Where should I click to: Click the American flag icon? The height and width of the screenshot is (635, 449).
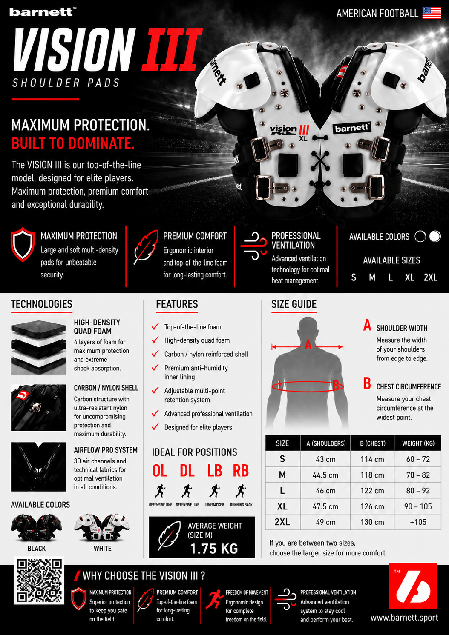coord(432,13)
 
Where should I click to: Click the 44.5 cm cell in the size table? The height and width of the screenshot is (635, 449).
coord(325,475)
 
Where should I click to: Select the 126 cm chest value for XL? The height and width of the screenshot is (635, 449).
coord(372,506)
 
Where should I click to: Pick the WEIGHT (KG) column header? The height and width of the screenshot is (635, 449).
coord(418,443)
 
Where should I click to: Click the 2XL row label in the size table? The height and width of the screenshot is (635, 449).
coord(282,522)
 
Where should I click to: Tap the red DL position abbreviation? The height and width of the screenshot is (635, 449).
coord(187,471)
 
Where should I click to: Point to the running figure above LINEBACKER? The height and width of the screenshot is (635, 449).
coord(214,491)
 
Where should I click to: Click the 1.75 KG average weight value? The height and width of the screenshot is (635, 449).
coord(214,549)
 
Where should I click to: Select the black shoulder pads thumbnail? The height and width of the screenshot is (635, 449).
coord(36,526)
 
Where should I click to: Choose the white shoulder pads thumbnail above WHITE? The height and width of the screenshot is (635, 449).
coord(102,526)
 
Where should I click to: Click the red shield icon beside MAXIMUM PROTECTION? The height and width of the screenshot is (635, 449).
coord(23,244)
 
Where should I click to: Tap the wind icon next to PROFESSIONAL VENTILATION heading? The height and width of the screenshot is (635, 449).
coord(253,246)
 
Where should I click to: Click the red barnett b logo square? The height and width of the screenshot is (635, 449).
coord(413,586)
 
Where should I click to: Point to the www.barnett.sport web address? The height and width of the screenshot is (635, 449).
coord(404,618)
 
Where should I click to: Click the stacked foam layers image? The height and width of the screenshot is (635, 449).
coord(38,347)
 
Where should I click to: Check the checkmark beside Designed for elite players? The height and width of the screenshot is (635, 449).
coord(155,426)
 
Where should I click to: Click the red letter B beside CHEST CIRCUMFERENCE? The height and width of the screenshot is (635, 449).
coord(367,383)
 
